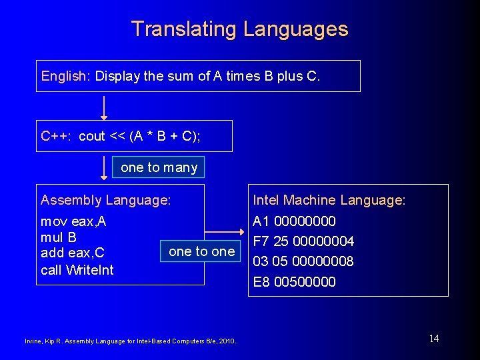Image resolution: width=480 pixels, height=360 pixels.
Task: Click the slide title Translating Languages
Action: click(x=239, y=29)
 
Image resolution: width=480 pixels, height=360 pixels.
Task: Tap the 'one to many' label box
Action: click(x=159, y=167)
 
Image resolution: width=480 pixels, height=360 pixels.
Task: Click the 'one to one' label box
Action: click(x=201, y=251)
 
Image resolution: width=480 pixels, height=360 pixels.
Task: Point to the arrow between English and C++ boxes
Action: click(x=104, y=107)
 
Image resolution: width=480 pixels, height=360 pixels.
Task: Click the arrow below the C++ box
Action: click(x=104, y=167)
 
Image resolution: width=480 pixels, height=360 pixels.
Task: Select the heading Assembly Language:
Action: click(x=106, y=200)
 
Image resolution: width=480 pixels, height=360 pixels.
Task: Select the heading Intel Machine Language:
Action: click(x=329, y=200)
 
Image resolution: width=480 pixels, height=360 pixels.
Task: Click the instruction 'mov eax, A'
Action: click(x=73, y=221)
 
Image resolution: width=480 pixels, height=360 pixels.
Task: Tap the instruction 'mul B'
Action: click(x=59, y=237)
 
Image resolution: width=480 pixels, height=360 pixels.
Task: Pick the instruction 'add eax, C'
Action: click(x=73, y=253)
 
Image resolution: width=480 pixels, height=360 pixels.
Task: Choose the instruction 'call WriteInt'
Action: click(x=77, y=269)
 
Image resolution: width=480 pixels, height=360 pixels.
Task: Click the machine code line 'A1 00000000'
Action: click(x=294, y=221)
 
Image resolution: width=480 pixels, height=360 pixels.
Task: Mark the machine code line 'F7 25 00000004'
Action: click(x=303, y=241)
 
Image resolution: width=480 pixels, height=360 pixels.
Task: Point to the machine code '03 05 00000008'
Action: click(x=303, y=261)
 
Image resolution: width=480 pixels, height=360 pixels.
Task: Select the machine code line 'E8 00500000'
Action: click(x=294, y=281)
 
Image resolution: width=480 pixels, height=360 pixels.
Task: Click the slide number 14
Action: click(x=434, y=339)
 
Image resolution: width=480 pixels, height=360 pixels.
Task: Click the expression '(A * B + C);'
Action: click(x=165, y=136)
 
